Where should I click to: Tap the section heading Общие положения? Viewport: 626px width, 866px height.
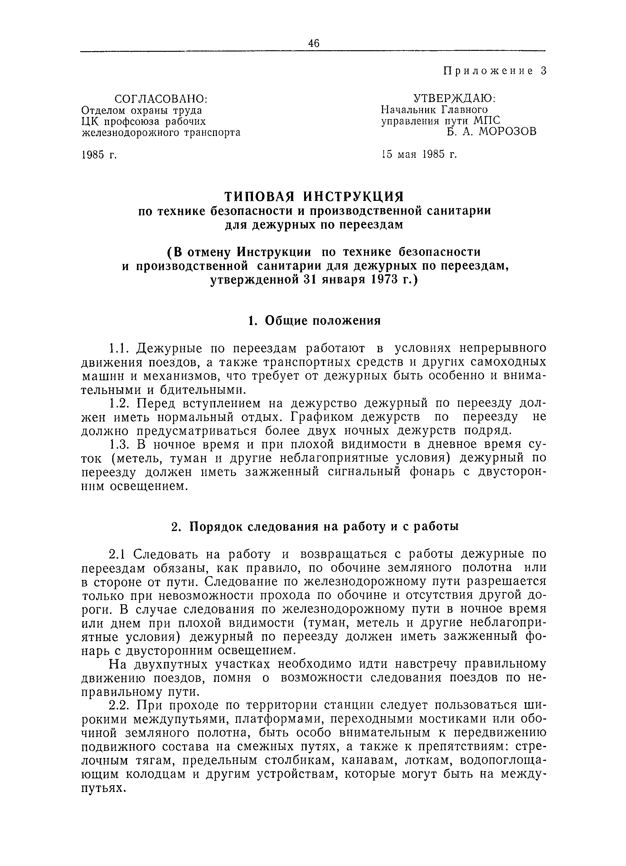coord(323,321)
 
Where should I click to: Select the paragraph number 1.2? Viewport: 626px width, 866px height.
coord(119,403)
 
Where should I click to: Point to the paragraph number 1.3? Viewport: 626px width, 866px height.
coord(119,445)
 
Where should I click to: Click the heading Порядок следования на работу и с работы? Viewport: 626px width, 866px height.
coord(324,527)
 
